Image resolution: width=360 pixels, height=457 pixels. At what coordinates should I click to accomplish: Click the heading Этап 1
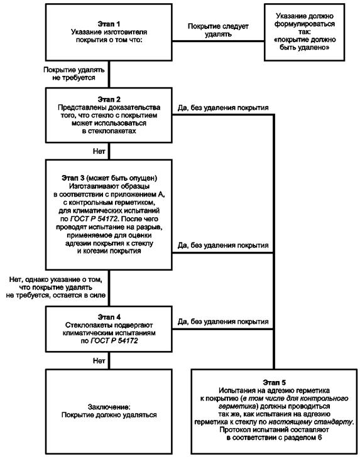coord(109,24)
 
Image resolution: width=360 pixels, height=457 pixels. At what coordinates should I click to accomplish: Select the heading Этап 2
coord(109,99)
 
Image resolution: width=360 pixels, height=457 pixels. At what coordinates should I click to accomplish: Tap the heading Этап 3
coord(73,178)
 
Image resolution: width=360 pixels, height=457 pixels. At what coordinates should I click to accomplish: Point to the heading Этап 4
coord(109,317)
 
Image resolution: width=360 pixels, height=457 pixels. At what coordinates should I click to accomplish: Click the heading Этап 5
coord(274,382)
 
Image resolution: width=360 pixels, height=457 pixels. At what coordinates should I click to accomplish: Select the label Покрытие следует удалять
coord(218,30)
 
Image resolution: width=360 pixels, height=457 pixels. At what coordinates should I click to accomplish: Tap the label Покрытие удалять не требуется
coord(74,73)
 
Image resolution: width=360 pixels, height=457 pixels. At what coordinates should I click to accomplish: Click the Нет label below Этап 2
coord(99,151)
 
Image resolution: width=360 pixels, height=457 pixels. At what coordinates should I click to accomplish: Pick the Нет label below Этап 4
coord(99,360)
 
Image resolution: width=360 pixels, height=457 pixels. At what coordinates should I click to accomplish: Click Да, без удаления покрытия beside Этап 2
coord(223,108)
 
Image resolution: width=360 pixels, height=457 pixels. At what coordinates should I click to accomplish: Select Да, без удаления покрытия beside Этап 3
coord(223,245)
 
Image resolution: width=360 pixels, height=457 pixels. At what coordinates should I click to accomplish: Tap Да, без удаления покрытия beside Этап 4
coord(223,322)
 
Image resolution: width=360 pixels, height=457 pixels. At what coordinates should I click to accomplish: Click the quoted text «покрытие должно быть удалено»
coord(305,43)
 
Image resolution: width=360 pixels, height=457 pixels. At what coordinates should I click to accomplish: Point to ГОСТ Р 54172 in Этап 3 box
coord(94,218)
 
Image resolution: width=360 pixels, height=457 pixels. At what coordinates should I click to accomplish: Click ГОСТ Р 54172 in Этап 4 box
coord(114,341)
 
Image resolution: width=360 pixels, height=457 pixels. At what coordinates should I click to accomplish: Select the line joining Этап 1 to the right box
coord(218,41)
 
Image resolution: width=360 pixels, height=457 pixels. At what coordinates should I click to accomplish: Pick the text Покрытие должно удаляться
coord(109,415)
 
